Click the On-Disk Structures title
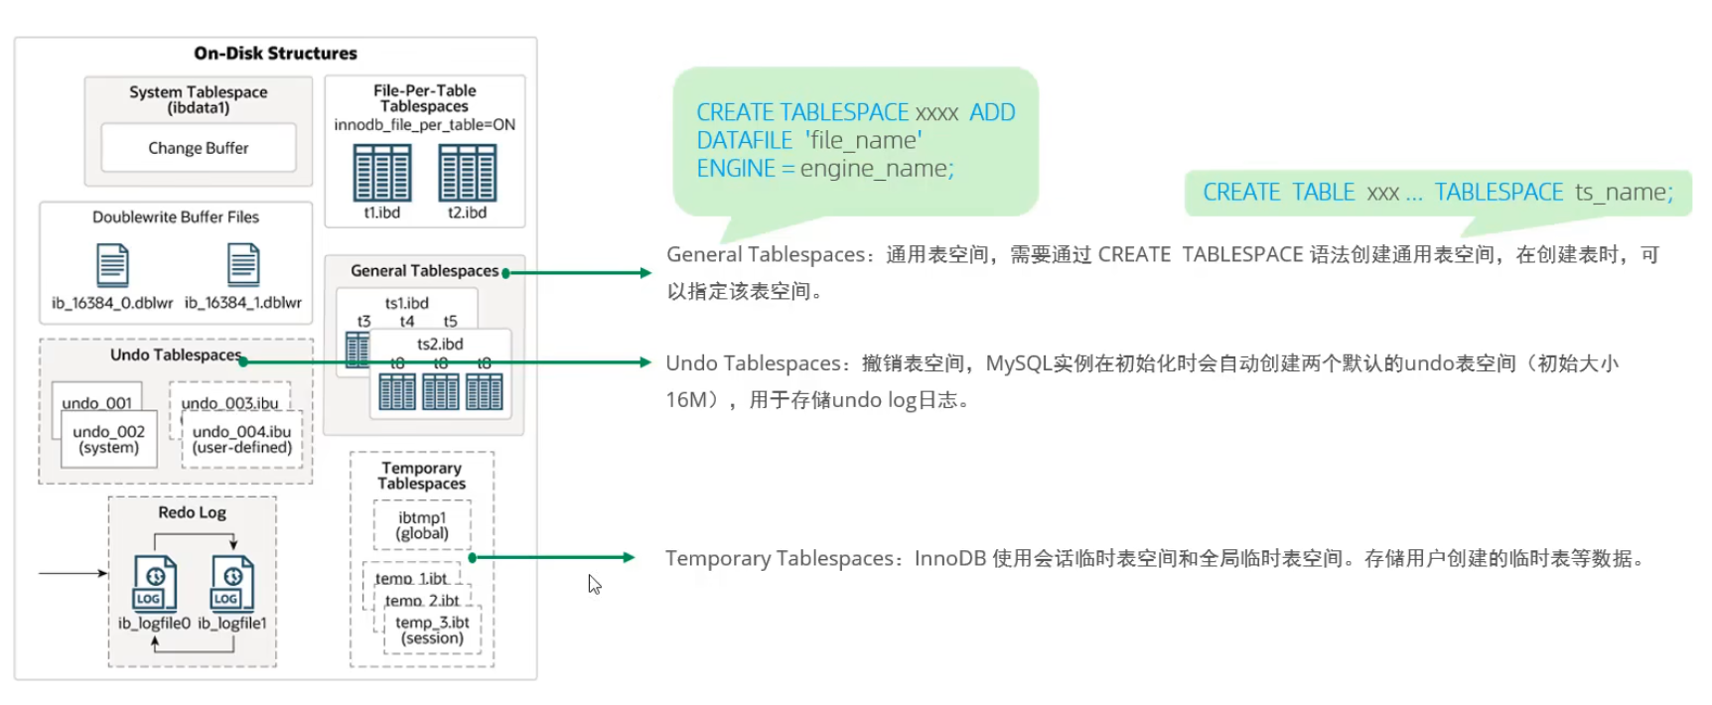(x=275, y=54)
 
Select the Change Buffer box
(x=199, y=148)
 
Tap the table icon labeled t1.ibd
(x=382, y=173)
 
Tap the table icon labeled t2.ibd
(x=467, y=173)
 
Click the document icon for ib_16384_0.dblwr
(x=112, y=266)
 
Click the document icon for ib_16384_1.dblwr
(x=243, y=266)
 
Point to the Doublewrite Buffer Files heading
(x=176, y=217)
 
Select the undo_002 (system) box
(x=109, y=440)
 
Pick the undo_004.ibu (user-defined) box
(x=241, y=440)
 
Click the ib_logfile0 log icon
(x=155, y=583)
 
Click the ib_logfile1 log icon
(x=232, y=583)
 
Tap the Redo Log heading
(x=192, y=512)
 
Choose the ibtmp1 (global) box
(x=422, y=525)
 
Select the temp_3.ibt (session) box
(x=432, y=631)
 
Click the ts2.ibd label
(x=440, y=344)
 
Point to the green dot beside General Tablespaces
(x=506, y=273)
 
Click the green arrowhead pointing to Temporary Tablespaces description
(x=628, y=558)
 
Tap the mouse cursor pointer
(x=593, y=583)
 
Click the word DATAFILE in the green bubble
(x=745, y=141)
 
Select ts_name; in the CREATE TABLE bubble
(x=1624, y=193)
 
